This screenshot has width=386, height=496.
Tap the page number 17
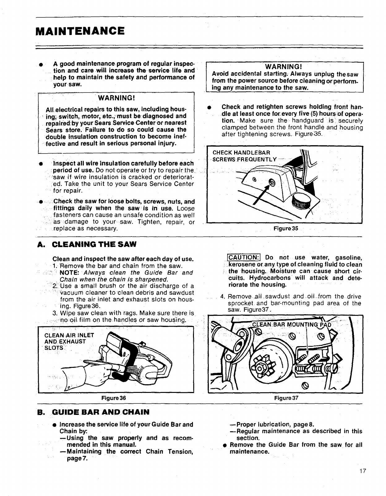pos(363,471)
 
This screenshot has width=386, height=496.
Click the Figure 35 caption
pos(286,228)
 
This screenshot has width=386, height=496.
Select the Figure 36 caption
pos(114,398)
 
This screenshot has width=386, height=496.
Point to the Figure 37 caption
pos(286,398)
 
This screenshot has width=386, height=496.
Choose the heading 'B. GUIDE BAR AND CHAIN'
pos(93,412)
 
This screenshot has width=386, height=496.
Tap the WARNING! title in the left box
pos(116,98)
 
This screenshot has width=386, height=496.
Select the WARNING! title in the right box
pos(284,67)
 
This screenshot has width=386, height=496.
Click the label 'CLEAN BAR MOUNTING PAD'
pos(292,325)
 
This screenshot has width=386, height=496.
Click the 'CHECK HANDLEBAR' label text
pos(241,153)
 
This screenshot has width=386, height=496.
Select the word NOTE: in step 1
pos(70,273)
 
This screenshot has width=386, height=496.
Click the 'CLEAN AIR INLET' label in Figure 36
pos(69,335)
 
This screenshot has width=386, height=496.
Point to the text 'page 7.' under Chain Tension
pos(77,458)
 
